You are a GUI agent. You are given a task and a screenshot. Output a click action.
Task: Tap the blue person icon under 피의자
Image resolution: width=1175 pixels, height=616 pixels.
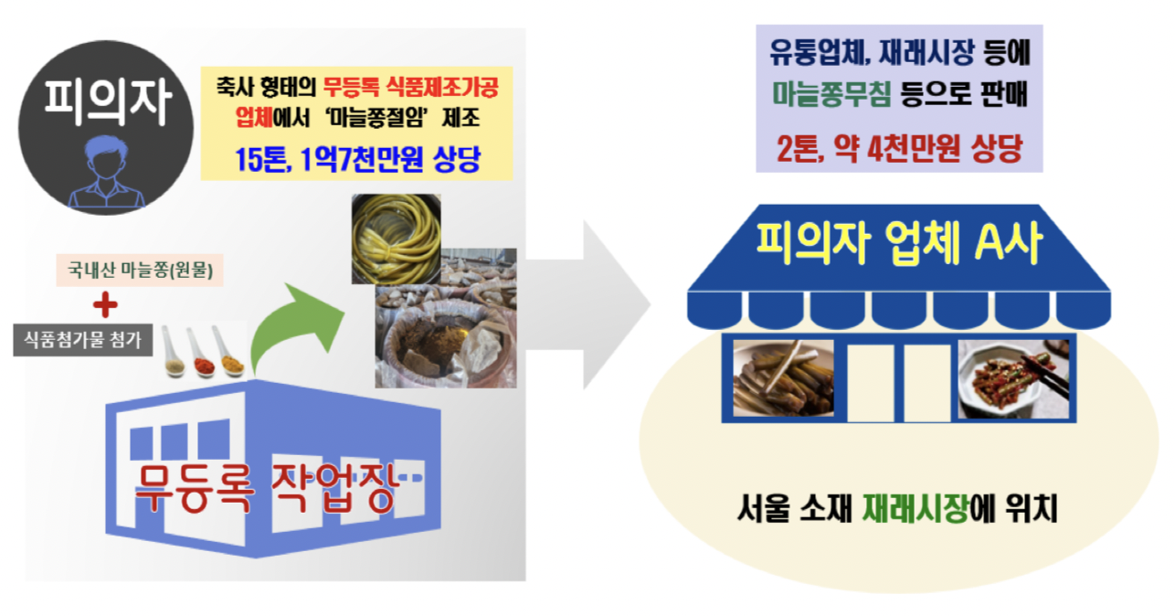pyautogui.click(x=106, y=174)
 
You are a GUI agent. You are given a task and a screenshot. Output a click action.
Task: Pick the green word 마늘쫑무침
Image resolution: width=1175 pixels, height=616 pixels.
pyautogui.click(x=827, y=96)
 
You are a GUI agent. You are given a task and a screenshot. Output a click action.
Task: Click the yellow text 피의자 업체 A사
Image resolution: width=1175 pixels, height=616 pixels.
pyautogui.click(x=899, y=244)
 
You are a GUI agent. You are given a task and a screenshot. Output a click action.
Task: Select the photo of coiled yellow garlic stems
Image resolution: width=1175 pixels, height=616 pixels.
pyautogui.click(x=396, y=238)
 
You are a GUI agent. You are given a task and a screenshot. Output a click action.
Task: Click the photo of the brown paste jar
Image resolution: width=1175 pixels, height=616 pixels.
pyautogui.click(x=445, y=337)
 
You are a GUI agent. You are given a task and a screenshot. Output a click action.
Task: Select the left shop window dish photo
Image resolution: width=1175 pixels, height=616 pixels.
pyautogui.click(x=784, y=377)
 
